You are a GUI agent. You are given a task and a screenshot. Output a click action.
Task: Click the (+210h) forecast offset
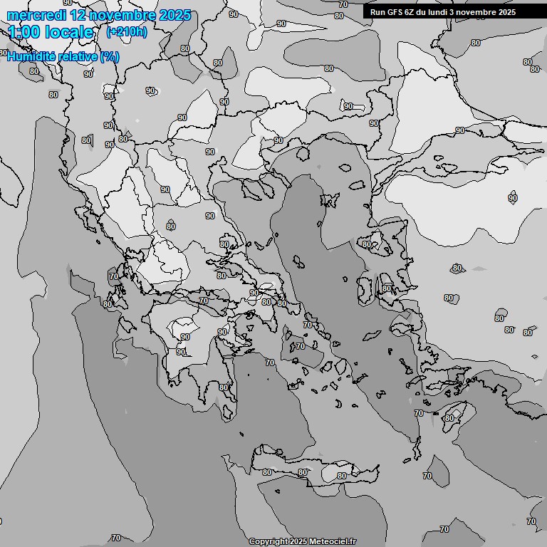pos(126,32)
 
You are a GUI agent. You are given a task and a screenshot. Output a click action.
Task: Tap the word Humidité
pos(33,56)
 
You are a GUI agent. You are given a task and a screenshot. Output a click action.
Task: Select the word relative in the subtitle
pos(78,56)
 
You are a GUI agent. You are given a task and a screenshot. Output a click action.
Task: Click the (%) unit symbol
pos(110,56)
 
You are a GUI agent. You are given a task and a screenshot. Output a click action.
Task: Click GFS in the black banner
pos(395,11)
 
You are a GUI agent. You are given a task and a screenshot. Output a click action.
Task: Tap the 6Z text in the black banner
pos(410,11)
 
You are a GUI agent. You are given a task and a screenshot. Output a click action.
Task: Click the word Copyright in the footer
pos(268,542)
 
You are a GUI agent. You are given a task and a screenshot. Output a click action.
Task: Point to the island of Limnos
pos(329,202)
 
